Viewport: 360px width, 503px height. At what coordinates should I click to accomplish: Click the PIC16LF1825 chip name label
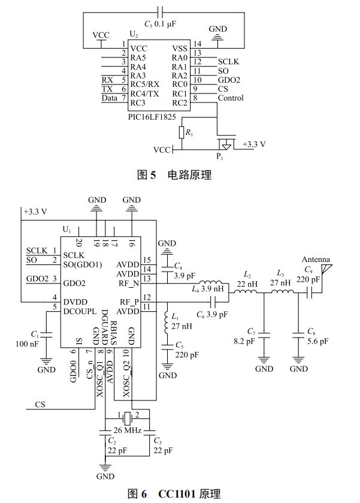coord(152,117)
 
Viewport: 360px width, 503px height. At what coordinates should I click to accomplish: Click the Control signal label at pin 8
coord(231,98)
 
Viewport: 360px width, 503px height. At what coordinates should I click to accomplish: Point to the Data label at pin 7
coord(109,98)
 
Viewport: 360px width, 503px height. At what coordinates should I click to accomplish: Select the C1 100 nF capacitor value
coord(28,344)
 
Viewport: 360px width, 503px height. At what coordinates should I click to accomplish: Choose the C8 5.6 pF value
coord(317,341)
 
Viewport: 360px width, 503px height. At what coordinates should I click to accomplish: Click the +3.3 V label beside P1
coord(253,144)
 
